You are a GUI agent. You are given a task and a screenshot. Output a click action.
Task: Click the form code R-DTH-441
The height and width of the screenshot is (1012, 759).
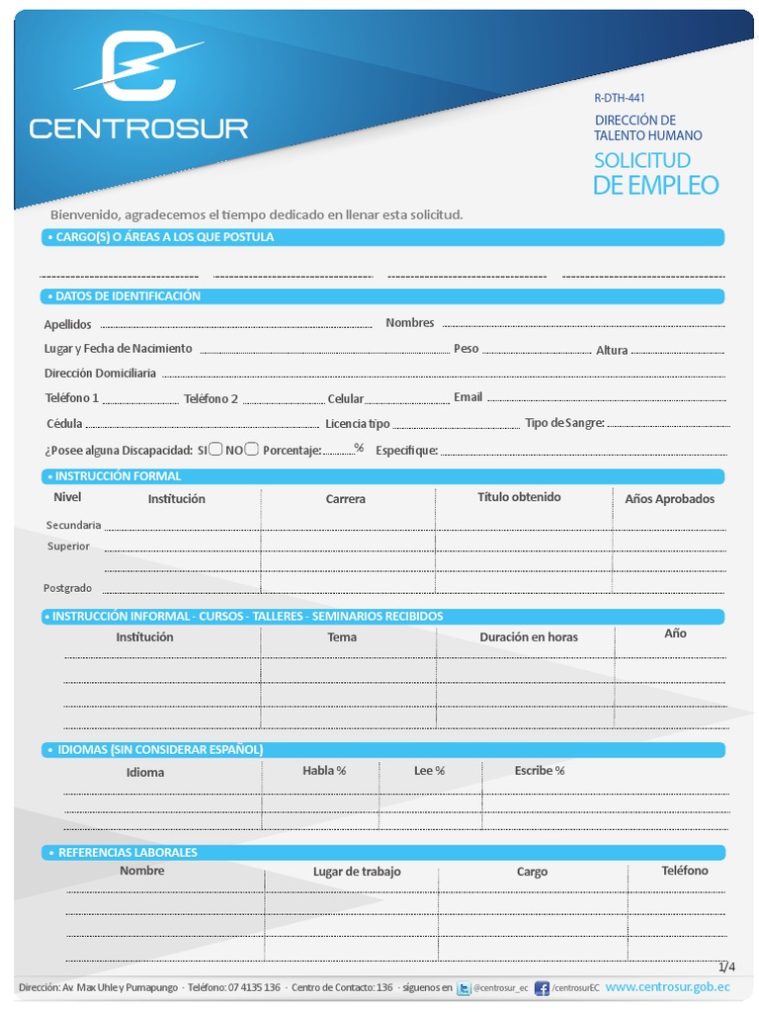pos(620,98)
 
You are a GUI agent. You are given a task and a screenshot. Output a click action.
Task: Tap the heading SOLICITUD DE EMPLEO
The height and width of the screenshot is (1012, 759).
pos(655,173)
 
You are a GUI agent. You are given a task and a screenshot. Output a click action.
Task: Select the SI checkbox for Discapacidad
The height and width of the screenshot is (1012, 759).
pos(215,449)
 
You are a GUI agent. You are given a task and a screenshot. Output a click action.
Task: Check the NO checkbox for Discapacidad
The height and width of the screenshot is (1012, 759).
pos(252,449)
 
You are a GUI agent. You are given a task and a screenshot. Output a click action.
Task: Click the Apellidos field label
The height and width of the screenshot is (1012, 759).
pos(67,324)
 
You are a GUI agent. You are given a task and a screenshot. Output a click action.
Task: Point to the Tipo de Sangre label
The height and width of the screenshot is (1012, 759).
pos(564,423)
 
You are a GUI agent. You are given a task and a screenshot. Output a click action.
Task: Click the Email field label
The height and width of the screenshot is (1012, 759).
pos(468,397)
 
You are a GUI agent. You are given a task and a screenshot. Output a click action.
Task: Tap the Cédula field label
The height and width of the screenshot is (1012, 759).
pos(64,424)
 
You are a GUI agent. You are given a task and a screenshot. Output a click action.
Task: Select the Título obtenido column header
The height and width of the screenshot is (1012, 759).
pos(519,497)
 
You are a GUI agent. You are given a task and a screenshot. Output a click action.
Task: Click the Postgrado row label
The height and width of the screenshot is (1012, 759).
pos(67,588)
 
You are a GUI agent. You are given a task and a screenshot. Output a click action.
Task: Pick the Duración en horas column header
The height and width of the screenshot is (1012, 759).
pos(529,637)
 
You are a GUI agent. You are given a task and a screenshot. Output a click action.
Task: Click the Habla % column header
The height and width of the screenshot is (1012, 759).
pos(324,771)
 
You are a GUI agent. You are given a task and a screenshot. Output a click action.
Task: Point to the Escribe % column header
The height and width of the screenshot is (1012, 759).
pos(540,771)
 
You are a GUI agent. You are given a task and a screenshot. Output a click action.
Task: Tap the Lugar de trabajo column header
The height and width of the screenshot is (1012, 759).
pos(357,872)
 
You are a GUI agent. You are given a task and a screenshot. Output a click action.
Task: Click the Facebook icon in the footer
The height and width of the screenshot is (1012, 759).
pos(542,987)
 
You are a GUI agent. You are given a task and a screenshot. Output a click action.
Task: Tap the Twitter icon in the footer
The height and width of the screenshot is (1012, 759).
pos(464,987)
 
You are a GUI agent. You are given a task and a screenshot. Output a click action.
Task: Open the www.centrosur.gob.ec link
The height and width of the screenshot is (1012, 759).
pos(668,986)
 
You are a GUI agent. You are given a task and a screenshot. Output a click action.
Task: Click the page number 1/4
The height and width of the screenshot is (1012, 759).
pos(726,966)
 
